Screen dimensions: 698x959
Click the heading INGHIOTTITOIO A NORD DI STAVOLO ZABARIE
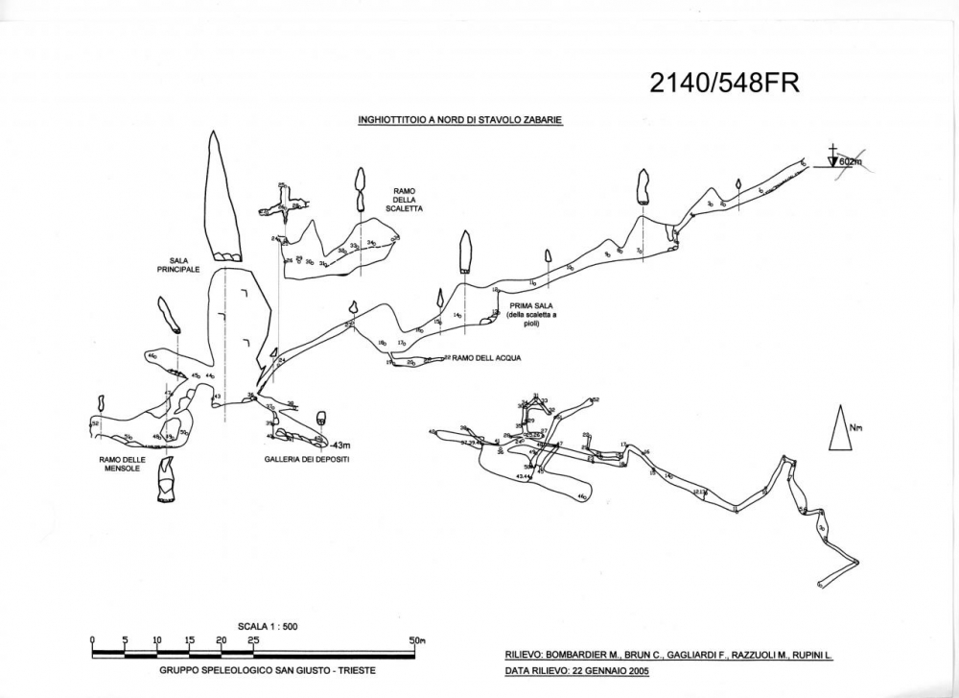point(459,121)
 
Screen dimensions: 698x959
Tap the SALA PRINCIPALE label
point(178,265)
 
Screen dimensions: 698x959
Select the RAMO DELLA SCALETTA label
point(403,199)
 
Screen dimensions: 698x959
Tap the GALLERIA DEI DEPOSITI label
point(306,460)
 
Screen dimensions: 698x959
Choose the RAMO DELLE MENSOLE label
point(122,464)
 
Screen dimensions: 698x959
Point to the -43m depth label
point(340,445)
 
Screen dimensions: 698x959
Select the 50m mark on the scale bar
point(416,640)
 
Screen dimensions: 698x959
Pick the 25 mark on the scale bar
point(253,640)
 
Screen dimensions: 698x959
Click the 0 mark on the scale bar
point(93,640)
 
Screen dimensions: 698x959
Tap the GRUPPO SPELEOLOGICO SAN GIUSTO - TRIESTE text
point(267,669)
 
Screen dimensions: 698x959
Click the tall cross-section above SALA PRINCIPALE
point(221,197)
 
